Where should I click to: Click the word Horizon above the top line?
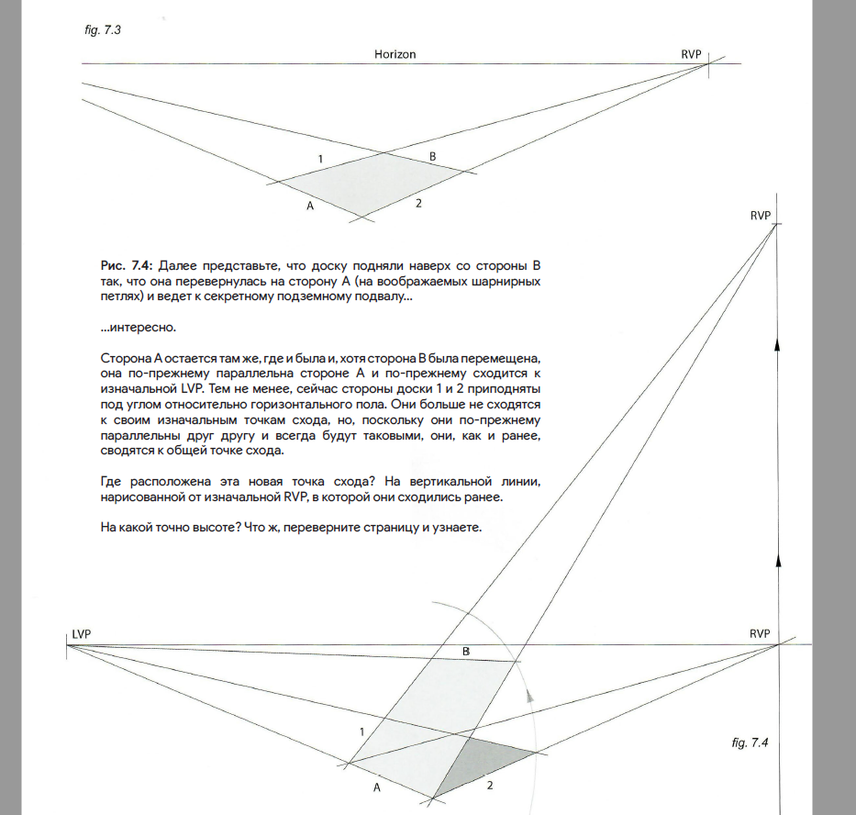click(395, 54)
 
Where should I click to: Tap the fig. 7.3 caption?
click(102, 29)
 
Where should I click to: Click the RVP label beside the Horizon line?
click(691, 54)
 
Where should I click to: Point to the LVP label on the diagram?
click(81, 634)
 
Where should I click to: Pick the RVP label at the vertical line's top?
click(760, 216)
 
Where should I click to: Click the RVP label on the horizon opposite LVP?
click(760, 634)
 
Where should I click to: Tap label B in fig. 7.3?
click(433, 157)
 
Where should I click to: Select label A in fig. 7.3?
click(310, 207)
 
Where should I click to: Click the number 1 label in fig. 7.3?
click(320, 160)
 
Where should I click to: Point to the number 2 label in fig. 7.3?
click(417, 202)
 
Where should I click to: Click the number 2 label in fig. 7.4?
click(490, 786)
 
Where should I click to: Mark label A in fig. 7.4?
click(377, 787)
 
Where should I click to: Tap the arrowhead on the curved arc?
click(530, 697)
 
